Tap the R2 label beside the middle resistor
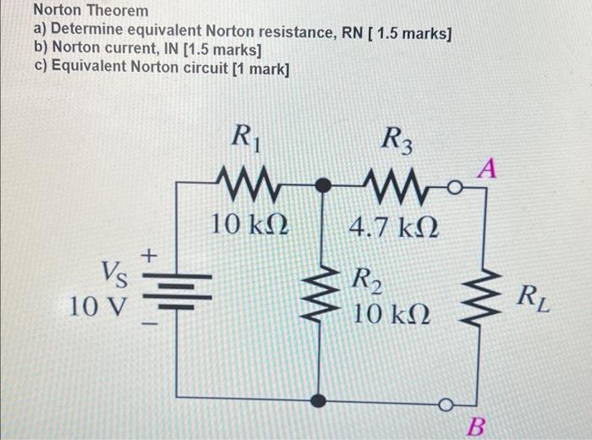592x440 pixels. pyautogui.click(x=366, y=279)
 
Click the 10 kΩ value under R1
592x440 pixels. pyautogui.click(x=249, y=225)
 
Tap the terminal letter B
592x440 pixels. pyautogui.click(x=477, y=423)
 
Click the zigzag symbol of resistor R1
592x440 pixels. pyautogui.click(x=247, y=182)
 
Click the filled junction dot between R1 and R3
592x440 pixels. pyautogui.click(x=321, y=184)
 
